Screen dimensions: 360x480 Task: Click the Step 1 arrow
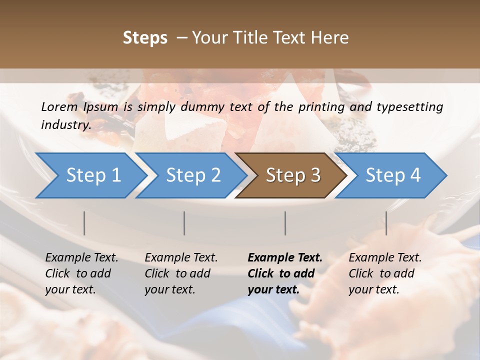(x=93, y=175)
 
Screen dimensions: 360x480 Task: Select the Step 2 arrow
(x=193, y=175)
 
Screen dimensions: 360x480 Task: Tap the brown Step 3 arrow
(x=293, y=175)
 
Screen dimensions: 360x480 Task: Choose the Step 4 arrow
(x=393, y=175)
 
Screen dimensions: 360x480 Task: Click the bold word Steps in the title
(x=145, y=38)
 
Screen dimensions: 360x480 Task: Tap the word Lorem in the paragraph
(x=59, y=107)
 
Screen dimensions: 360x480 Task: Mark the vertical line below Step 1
(x=84, y=223)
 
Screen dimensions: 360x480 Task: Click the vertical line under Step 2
(x=184, y=223)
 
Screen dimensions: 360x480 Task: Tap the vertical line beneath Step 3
(x=285, y=223)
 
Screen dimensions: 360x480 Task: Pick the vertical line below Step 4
(x=386, y=223)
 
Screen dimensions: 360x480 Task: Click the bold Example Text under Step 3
(x=285, y=258)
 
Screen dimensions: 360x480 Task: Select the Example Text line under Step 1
(x=81, y=258)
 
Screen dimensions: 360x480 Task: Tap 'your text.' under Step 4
(x=373, y=290)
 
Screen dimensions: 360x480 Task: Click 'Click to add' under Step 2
(x=177, y=274)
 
